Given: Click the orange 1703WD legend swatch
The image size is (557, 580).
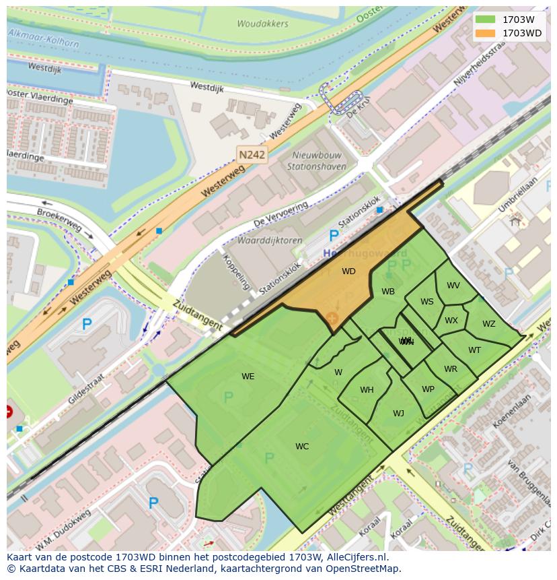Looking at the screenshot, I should pos(484,33).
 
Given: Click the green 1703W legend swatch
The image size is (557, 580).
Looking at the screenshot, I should pos(484,19).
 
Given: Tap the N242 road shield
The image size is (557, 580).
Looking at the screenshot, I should pos(252,155).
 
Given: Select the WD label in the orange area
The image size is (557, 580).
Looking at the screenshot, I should pos(348,271).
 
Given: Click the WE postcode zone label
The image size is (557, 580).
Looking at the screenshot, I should pos(248,377).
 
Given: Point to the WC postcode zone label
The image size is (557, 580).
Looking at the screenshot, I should pos(302,447).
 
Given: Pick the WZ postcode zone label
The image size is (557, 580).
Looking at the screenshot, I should pos(488,324).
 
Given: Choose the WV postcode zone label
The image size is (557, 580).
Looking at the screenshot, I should pos(453,286).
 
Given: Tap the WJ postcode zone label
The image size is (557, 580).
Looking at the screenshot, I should pos(398,414).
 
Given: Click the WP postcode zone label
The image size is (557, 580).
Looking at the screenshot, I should pos(428,389).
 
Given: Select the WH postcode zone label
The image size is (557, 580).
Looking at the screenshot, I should pos(367,390).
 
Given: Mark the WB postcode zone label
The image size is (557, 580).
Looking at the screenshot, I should pos(388,292).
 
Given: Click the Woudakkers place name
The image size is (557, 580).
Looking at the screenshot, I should pos(262,24).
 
